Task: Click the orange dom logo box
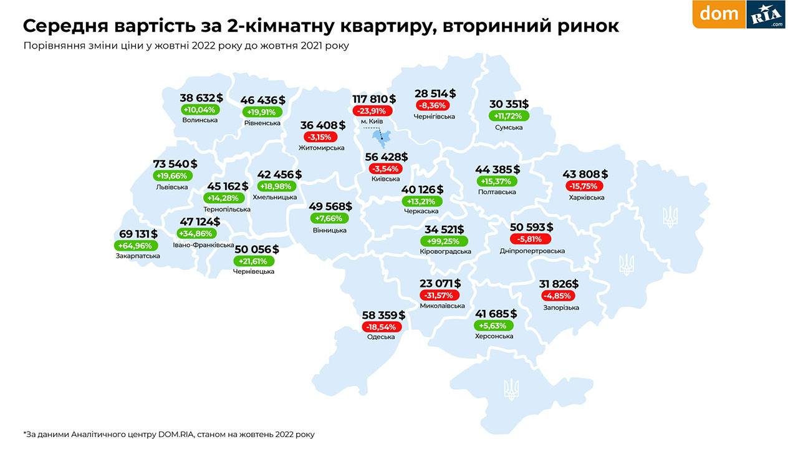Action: pos(719,14)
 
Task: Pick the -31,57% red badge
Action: pos(440,295)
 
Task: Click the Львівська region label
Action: pos(172,186)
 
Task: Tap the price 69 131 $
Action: pos(138,234)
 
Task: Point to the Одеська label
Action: pos(381,337)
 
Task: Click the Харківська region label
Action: pos(587,197)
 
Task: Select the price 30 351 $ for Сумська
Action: pos(509,104)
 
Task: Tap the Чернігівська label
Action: pos(435,116)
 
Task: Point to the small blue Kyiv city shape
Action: pos(377,137)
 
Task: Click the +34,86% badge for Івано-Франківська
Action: pos(197,233)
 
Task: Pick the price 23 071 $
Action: pos(440,284)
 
